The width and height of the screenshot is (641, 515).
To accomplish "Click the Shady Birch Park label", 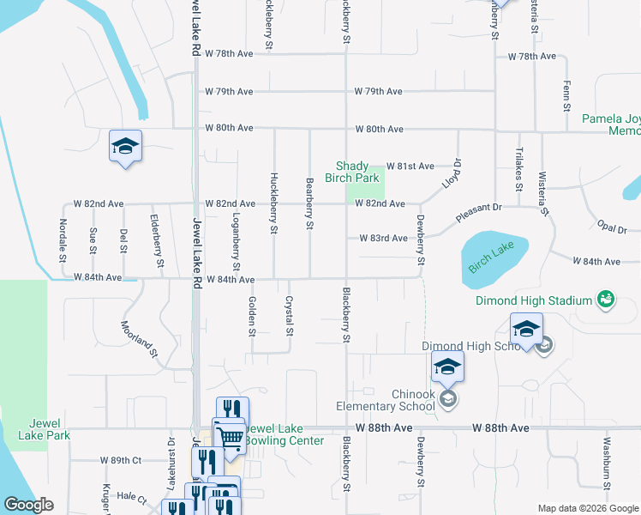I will point(358,172).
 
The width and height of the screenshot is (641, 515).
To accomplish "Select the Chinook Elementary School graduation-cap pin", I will point(447,368).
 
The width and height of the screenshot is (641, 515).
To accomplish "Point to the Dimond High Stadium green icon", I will point(606,300).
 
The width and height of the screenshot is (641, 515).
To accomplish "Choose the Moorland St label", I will point(140,339).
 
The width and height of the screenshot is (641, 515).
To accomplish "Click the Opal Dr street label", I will point(612,227).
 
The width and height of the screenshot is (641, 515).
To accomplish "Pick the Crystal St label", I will point(289,316).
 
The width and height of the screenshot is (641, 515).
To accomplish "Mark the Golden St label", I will point(252,316).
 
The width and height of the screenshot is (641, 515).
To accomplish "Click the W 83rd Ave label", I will point(383,238).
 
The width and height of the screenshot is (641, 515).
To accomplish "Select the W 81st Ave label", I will point(410,166).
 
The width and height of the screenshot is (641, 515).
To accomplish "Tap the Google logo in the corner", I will point(29,506).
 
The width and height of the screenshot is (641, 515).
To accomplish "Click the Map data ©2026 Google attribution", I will point(587,508).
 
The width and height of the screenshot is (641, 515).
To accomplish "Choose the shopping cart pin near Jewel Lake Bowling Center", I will point(230,437).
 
